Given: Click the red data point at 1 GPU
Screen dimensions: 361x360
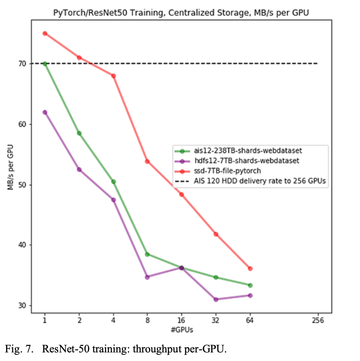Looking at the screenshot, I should point(45,33).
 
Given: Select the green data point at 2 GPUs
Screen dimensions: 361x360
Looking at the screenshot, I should point(79,133).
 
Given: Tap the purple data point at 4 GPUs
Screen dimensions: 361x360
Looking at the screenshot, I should point(113,200).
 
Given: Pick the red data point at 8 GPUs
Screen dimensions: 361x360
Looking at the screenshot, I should point(147,161).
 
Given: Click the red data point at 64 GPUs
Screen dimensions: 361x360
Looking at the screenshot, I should point(250,269).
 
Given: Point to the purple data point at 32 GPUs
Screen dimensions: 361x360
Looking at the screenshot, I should point(216,299).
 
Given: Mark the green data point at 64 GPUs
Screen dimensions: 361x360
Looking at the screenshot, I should point(250,285).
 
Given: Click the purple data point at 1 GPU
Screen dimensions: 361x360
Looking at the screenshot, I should point(45,112).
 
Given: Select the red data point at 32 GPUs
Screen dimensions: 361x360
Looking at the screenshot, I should point(216,234).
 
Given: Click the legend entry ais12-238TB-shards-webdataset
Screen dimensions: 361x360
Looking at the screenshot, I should point(248,151).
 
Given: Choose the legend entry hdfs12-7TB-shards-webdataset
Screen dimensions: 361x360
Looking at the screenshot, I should point(247,161).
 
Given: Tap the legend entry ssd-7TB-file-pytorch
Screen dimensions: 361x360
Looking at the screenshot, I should point(227,171).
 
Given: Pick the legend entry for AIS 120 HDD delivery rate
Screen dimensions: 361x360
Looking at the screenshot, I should point(259,181).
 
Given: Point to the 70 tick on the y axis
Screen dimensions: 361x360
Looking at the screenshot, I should point(22,64).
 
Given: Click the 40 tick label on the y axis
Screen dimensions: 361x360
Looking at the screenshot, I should point(22,245).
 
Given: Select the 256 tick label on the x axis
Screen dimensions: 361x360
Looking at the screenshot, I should point(318,320).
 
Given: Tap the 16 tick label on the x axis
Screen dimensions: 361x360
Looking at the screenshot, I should point(182,320).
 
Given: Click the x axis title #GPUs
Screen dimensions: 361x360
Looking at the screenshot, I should point(182,330).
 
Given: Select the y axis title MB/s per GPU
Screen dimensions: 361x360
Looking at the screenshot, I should point(11,167).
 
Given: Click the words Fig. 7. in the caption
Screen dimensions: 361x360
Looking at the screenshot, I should point(19,349).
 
